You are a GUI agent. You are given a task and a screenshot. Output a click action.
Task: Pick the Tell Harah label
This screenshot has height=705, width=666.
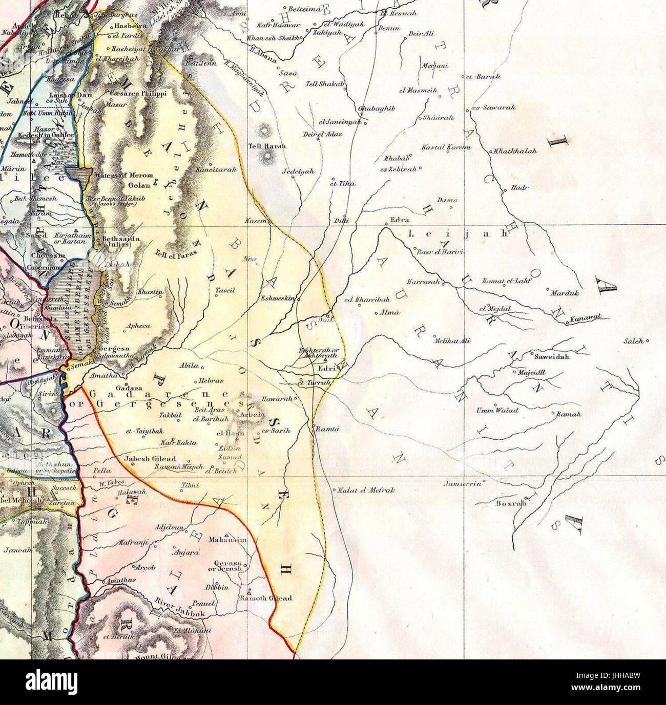[267, 146]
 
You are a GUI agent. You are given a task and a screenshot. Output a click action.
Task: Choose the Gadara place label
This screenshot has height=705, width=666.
[129, 388]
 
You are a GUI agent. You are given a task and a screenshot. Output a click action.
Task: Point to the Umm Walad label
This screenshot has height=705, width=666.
[497, 410]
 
